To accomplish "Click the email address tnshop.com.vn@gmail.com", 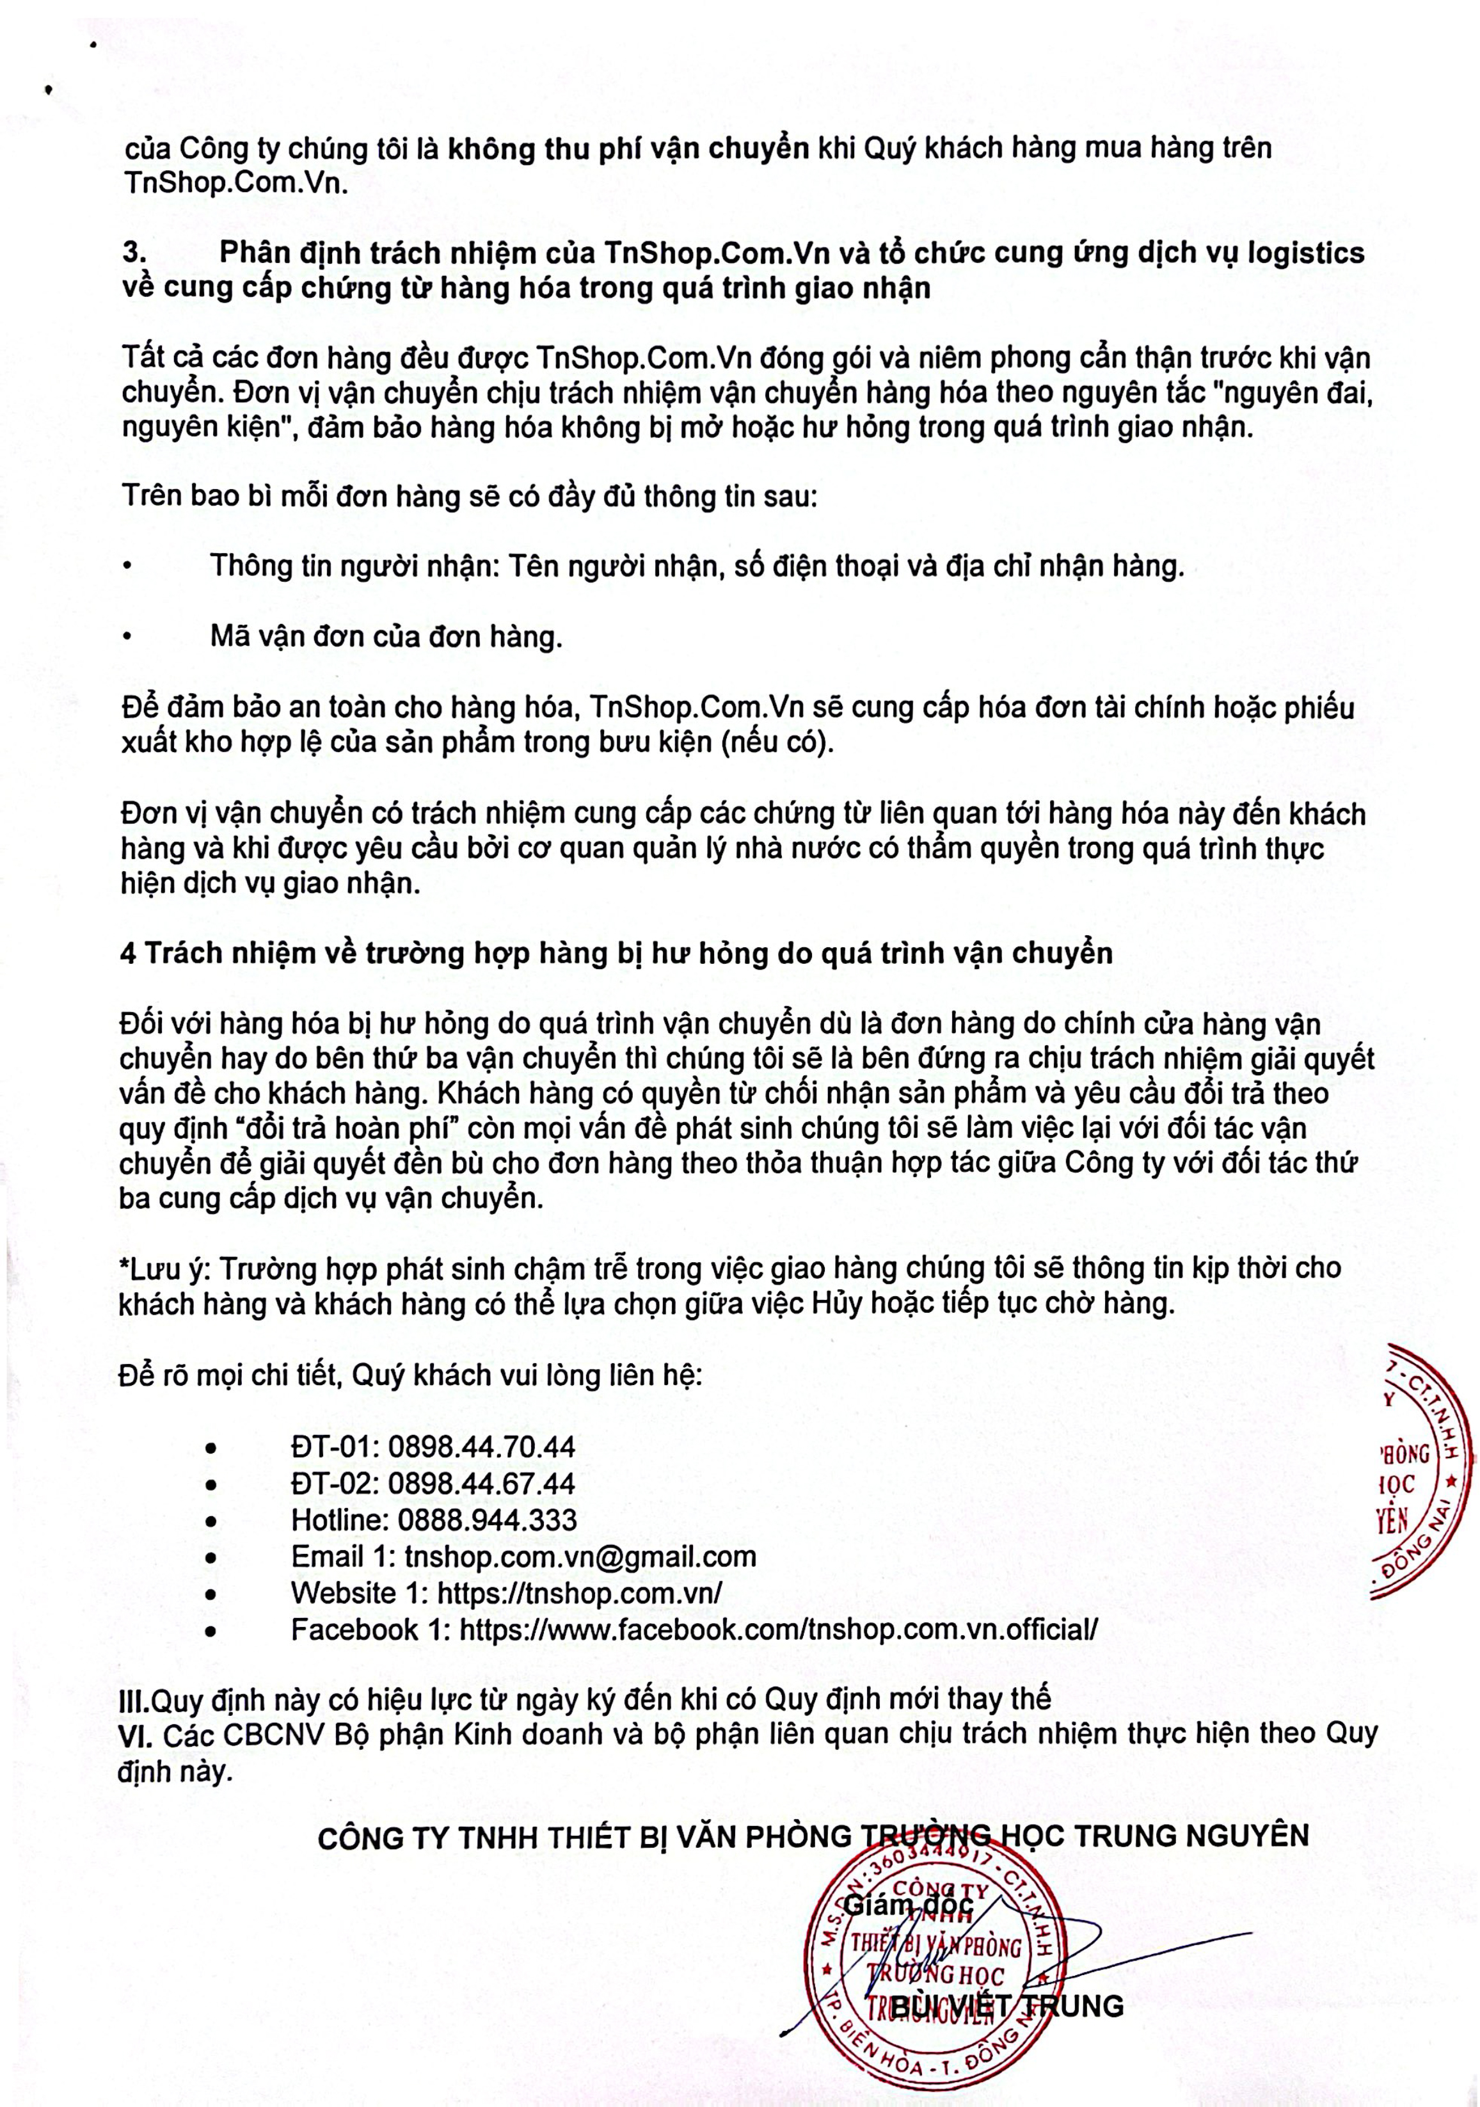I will tap(580, 1557).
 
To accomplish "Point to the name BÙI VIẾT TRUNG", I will tap(1007, 2006).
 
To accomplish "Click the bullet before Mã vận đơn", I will tap(129, 636).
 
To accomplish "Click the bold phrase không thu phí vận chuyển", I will tap(628, 148).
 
